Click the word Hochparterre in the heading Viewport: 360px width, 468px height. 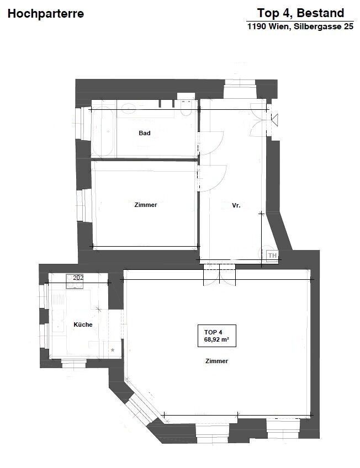pos(46,14)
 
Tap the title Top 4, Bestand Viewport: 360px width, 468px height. pos(300,13)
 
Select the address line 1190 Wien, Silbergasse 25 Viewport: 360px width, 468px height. pos(300,26)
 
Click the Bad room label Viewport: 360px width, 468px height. pos(145,133)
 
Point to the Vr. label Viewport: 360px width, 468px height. pos(236,205)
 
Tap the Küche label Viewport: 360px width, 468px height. pos(83,325)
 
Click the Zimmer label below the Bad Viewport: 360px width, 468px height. pos(146,205)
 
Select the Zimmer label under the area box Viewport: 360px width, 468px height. pos(216,361)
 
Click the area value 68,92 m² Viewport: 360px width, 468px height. pos(216,339)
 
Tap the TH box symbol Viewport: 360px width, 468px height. pos(272,255)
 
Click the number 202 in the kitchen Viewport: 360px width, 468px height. pos(78,278)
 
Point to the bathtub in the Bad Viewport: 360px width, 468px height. pos(103,131)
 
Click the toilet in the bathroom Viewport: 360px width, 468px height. pos(186,108)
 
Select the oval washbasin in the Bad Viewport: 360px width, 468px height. pos(128,108)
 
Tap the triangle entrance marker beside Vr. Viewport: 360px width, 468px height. pos(274,120)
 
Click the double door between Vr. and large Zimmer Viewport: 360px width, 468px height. pos(219,275)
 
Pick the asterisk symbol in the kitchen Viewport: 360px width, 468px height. pos(113,350)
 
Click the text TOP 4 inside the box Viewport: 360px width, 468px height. pos(213,332)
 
